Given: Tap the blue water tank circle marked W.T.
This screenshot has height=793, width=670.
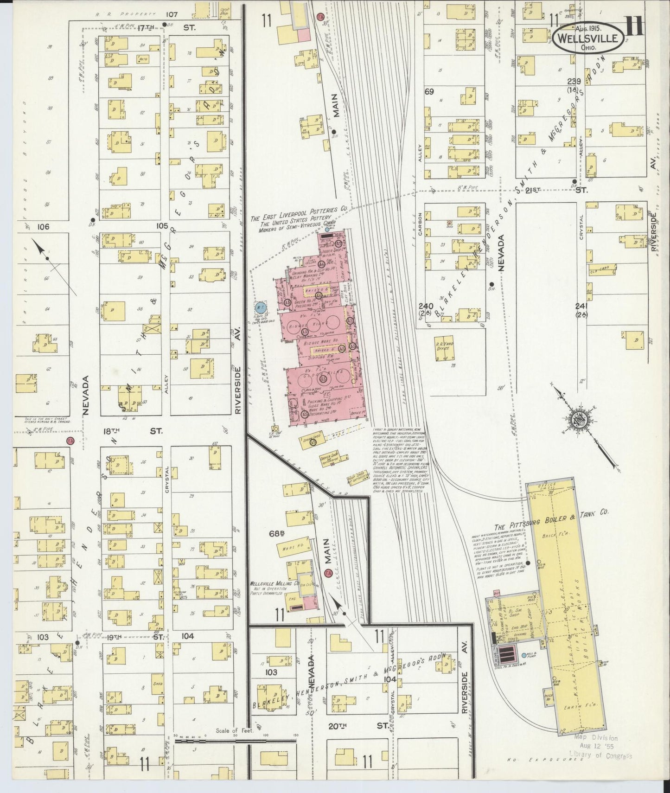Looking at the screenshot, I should click(260, 307).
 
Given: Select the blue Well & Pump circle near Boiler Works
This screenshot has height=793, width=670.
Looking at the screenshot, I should click(523, 655).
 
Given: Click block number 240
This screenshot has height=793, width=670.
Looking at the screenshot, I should click(425, 306).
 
